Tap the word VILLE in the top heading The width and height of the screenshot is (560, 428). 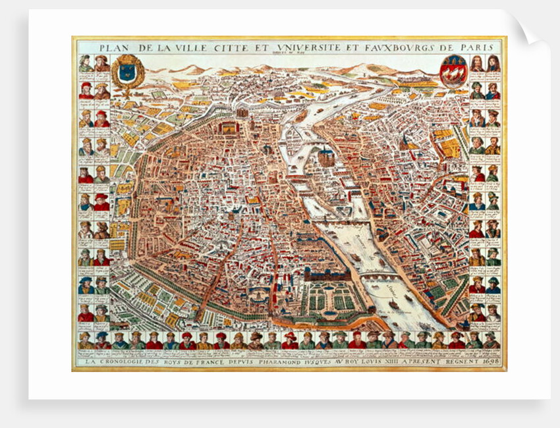click(x=181, y=47)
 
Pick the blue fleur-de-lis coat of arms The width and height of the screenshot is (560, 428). click(x=126, y=72)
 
